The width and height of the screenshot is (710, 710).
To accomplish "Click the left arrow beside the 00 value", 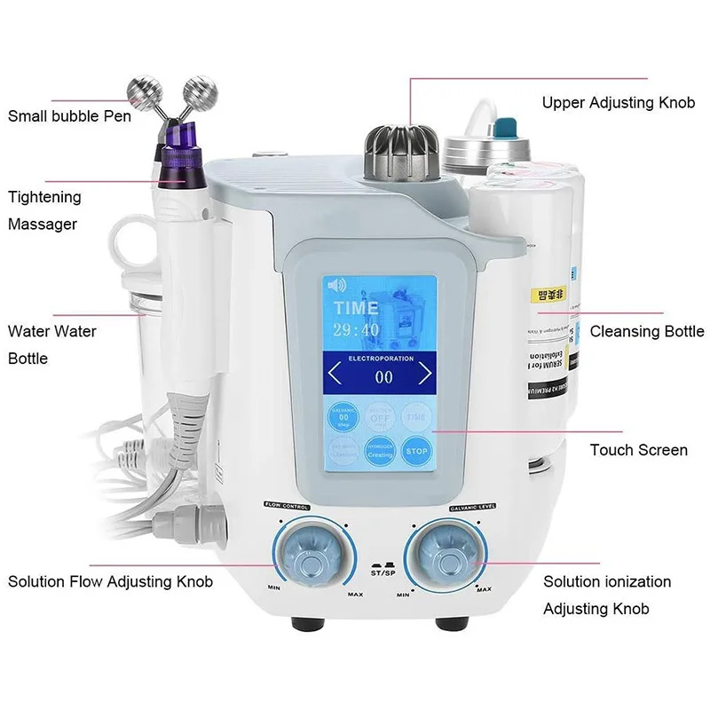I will tap(334, 373).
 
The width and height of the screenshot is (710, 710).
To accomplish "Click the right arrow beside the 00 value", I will tap(424, 373).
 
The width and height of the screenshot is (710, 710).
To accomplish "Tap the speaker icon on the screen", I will tap(335, 286).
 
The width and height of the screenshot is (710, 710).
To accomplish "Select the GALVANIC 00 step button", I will tap(339, 415).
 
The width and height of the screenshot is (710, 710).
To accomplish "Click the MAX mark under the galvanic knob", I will tap(484, 589).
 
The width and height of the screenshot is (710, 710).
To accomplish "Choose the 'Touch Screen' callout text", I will tap(638, 450).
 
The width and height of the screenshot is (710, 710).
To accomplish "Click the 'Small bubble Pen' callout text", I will tap(69, 115).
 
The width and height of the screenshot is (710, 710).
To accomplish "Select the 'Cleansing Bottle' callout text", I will tap(647, 331).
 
